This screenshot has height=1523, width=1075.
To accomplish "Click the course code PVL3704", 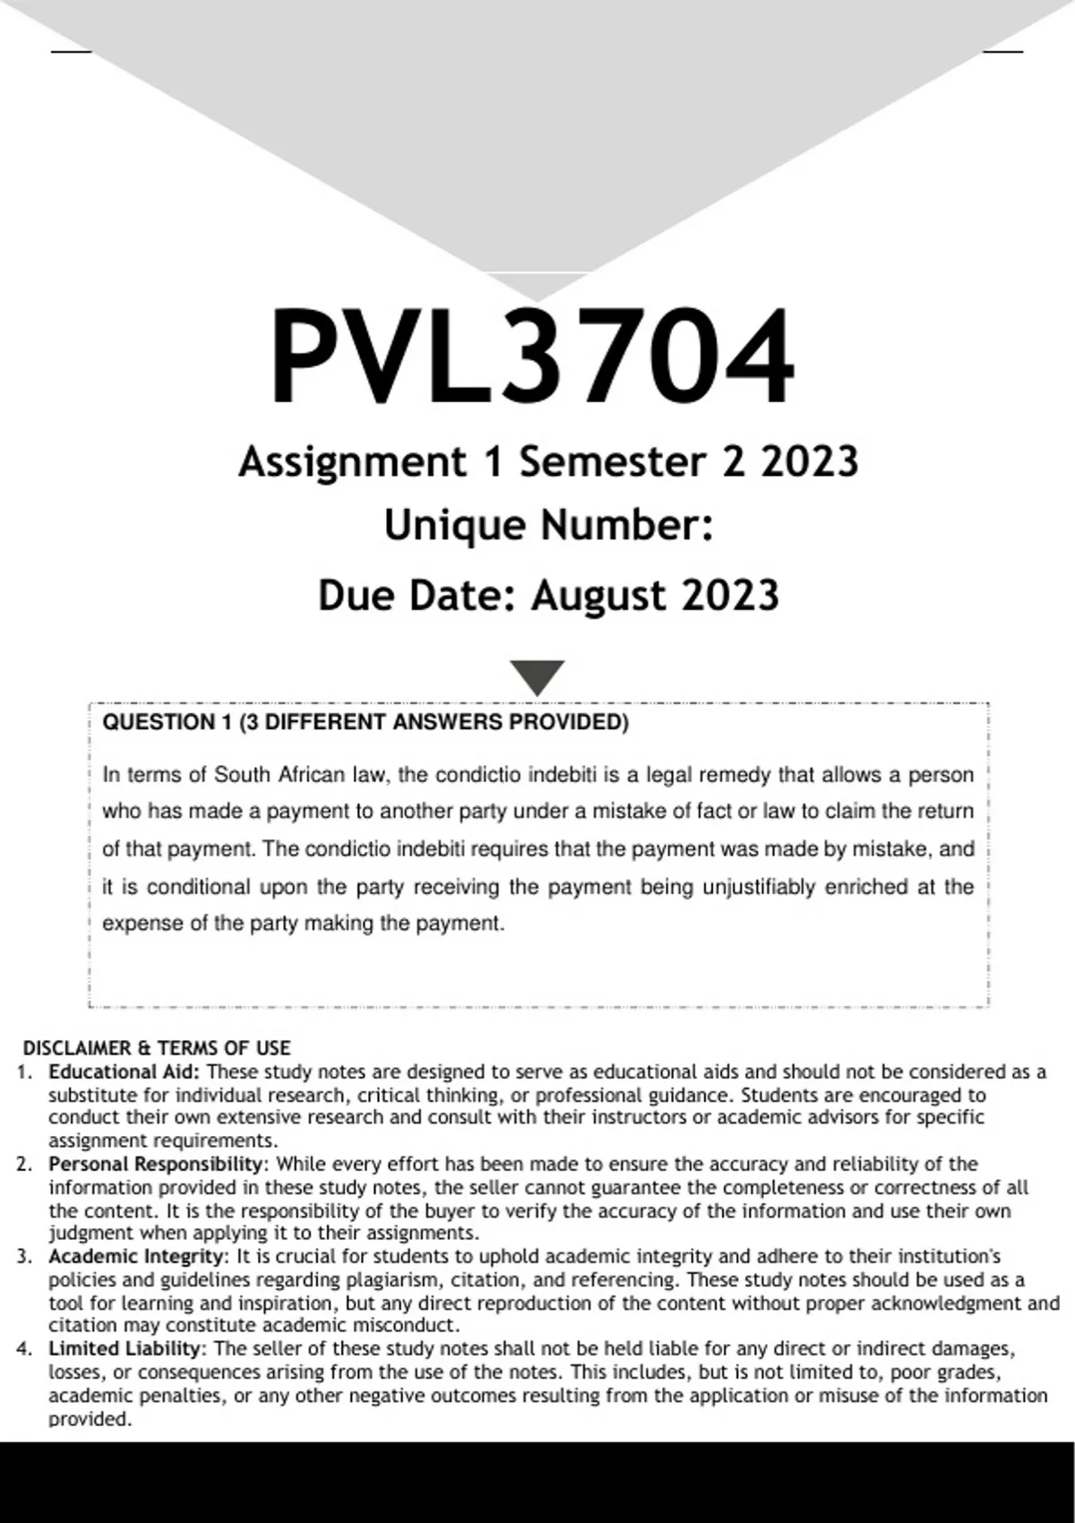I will (532, 357).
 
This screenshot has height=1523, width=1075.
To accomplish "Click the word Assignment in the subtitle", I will (352, 462).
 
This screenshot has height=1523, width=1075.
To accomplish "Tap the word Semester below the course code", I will (613, 462).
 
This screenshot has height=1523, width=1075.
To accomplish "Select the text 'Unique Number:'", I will (548, 525).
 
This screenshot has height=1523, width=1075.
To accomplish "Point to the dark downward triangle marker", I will (537, 676).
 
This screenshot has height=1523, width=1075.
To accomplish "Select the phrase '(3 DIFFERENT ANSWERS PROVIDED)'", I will (434, 723).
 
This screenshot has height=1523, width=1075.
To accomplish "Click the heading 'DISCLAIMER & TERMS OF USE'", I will (157, 1048).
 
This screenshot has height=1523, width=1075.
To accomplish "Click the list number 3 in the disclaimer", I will (24, 1256).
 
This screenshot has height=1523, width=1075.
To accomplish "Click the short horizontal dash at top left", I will (71, 51).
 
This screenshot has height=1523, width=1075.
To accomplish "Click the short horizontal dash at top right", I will (1003, 51).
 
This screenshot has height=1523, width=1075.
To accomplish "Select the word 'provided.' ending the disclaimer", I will (90, 1419).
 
